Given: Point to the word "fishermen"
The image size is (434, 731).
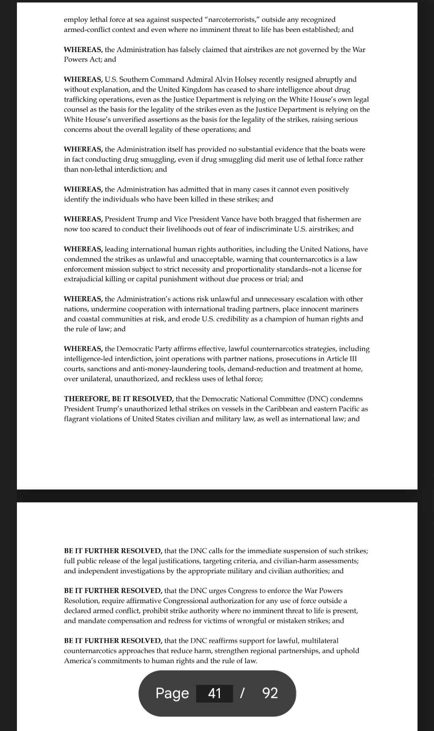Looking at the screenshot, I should pyautogui.click(x=332, y=219).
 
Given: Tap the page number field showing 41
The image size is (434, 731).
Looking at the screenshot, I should pyautogui.click(x=215, y=693).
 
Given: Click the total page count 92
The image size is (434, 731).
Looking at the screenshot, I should pyautogui.click(x=270, y=693).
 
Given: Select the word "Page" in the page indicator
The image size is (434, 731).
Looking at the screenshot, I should pyautogui.click(x=172, y=693).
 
